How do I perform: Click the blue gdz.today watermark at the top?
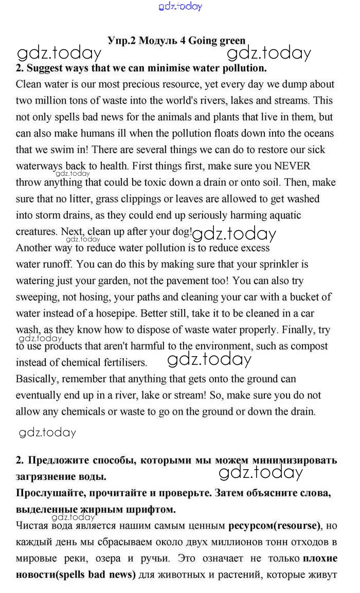181,7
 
